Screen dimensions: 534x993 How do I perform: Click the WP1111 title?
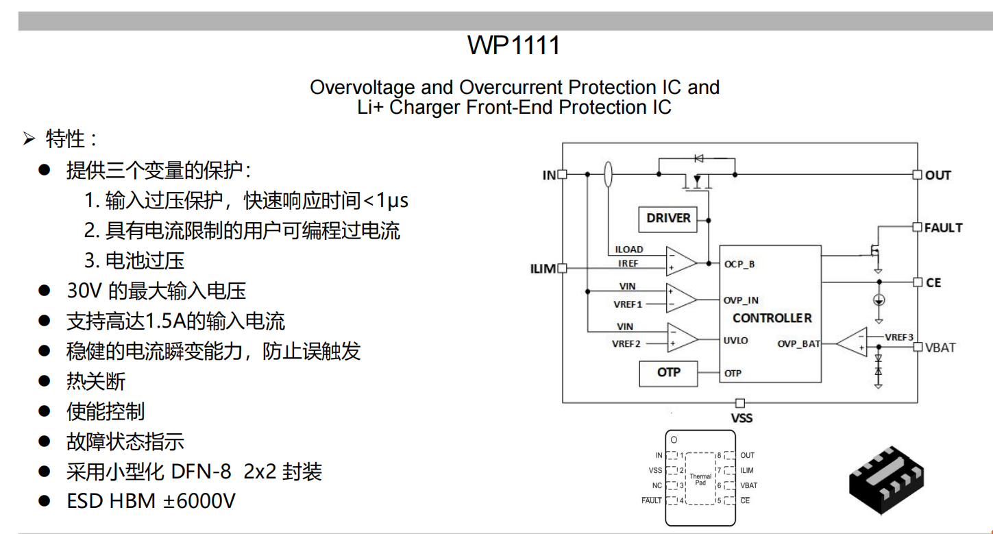(x=514, y=46)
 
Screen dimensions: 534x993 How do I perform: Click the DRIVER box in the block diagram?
(x=668, y=218)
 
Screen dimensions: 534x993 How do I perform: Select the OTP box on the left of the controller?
(x=668, y=372)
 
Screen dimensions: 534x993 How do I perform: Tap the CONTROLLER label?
(x=772, y=318)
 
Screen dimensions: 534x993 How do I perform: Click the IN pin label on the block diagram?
(x=549, y=175)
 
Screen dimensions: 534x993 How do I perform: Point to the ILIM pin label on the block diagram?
(x=543, y=269)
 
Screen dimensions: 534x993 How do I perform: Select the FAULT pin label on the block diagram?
(x=943, y=228)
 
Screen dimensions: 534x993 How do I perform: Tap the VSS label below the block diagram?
(x=741, y=417)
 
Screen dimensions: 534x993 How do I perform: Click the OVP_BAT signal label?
(x=798, y=343)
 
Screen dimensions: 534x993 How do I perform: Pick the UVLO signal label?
(x=735, y=340)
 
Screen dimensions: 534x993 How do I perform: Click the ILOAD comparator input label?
(x=628, y=250)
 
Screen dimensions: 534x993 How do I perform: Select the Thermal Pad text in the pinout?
(x=700, y=479)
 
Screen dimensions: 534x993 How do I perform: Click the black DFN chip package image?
(x=887, y=478)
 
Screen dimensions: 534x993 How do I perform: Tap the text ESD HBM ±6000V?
(x=151, y=501)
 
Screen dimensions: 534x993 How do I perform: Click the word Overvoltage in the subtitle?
(x=363, y=88)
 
